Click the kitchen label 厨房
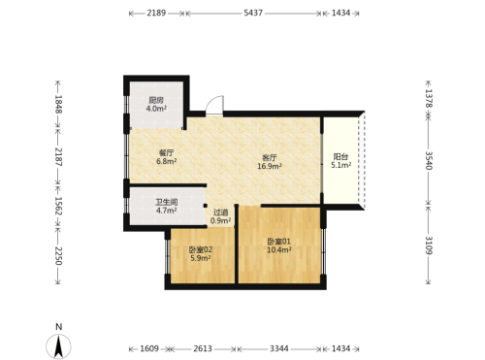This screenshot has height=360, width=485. [156, 100]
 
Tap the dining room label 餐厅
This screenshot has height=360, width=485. [167, 152]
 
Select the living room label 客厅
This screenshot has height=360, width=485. [270, 158]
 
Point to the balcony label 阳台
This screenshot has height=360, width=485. [340, 157]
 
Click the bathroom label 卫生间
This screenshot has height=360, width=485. [167, 203]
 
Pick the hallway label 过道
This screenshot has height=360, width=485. [221, 213]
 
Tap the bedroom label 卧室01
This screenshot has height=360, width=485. [279, 242]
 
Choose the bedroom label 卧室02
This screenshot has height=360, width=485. [201, 249]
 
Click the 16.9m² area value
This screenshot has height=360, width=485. [270, 166]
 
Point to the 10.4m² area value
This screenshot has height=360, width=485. [279, 249]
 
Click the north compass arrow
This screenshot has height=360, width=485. [58, 346]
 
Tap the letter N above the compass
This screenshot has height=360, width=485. [58, 327]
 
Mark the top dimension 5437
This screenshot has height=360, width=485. [253, 13]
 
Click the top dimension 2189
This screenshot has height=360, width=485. [156, 13]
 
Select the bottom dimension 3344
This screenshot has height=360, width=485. [279, 348]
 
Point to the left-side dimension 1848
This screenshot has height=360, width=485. [58, 104]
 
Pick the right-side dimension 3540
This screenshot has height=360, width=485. [429, 160]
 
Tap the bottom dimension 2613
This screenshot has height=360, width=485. [203, 348]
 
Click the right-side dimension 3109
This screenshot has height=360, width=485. [429, 245]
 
